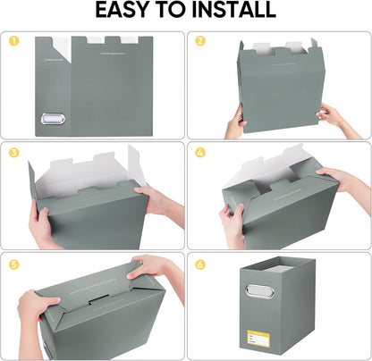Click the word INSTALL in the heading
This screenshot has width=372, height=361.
[231, 11]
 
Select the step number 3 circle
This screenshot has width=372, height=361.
[13, 152]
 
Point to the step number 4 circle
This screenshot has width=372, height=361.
[200, 152]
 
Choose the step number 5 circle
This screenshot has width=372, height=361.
[13, 265]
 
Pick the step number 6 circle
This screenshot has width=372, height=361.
[200, 265]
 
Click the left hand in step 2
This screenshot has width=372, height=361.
[234, 124]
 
